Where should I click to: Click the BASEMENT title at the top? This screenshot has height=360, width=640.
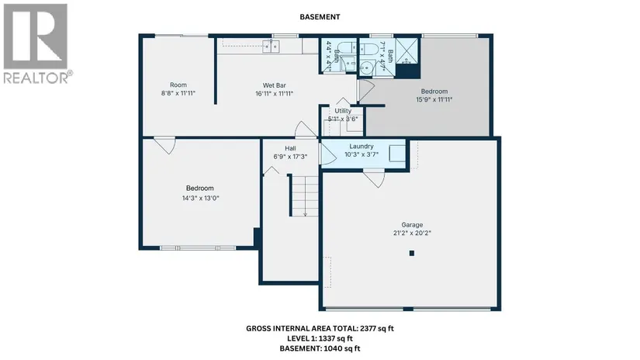point(320,17)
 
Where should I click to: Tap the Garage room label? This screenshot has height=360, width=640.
point(412,225)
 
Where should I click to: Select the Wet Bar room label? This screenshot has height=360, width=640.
point(275,85)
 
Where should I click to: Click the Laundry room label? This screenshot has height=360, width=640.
point(362,146)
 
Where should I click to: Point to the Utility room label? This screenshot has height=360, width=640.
point(343,111)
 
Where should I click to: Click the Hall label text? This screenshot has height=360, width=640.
point(290,148)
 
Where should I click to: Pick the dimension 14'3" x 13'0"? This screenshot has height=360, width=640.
point(200,199)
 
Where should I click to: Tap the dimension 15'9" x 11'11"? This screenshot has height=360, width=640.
point(434,99)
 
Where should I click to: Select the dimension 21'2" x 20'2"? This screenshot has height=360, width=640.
point(412,233)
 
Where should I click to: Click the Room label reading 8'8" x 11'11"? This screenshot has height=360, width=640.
point(178,89)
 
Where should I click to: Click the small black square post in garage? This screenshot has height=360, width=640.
point(412,253)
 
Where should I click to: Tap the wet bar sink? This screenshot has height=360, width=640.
point(271,47)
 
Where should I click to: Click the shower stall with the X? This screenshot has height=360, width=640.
point(407,51)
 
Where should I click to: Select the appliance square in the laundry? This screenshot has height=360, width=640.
point(396,154)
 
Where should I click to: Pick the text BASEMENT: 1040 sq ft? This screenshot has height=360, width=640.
point(320,348)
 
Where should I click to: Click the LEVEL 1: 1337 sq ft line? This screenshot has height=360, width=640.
point(320,338)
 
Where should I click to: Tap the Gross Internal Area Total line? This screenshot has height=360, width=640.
point(320,328)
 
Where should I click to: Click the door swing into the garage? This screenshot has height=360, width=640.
point(374,179)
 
